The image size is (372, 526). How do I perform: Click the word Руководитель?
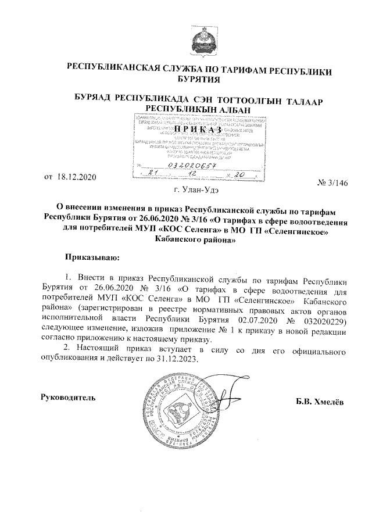point(67,397)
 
